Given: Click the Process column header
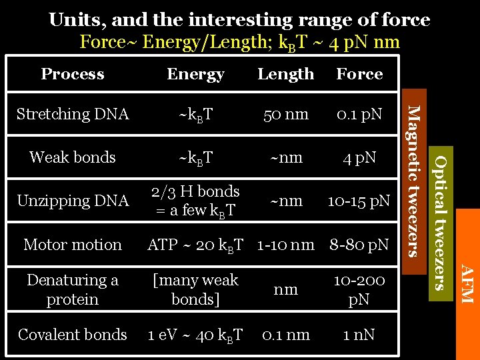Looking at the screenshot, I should pos(73,74).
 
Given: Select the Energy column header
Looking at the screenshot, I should pos(195,74).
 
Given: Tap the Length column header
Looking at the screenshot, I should pos(285,74).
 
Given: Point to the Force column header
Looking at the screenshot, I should pos(359,74).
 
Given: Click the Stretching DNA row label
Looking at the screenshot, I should pos(73,114).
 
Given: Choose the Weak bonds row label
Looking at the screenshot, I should pos(73,157).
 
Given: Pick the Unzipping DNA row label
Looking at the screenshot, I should pos(73,201).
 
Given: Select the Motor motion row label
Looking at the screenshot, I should pos(73,245).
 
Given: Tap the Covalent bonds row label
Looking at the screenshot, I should pos(73,335).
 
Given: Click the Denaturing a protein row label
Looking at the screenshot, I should pos(73,289).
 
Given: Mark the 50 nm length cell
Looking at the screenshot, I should pos(285,114).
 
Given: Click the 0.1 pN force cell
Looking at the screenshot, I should pos(359,114).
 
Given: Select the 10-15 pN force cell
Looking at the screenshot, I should pos(359,201).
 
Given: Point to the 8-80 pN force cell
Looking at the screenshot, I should pos(359,245).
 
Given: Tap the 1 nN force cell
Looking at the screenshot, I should pos(359,335).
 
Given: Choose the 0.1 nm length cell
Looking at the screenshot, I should pos(285,335).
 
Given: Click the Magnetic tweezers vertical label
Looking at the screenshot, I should pos(414,180).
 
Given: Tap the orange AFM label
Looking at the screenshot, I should pos(467,284).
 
